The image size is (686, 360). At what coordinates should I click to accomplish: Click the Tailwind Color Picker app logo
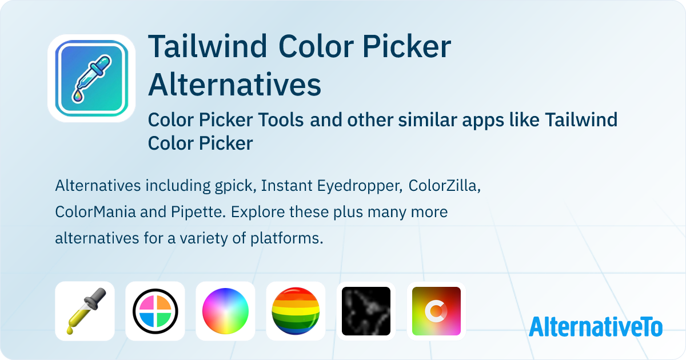91,78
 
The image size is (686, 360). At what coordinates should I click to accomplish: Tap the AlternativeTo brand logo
596,326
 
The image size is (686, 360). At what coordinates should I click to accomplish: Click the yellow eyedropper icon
85,311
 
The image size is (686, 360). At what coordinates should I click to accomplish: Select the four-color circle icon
155,311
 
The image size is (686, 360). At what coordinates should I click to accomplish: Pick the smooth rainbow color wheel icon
225,311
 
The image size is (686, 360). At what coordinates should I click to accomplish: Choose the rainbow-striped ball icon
296,311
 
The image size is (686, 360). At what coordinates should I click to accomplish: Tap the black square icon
366,311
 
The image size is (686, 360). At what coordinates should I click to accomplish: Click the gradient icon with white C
436,311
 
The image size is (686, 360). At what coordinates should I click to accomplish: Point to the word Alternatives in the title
234,84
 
